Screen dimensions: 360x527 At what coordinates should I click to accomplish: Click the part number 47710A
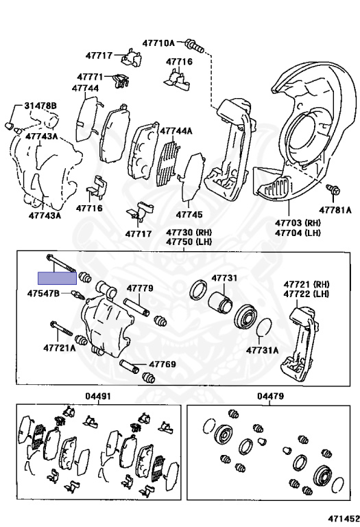pyautogui.click(x=158, y=43)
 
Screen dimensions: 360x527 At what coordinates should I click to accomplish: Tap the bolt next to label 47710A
pyautogui.click(x=195, y=46)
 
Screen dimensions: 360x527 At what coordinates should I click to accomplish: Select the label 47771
pyautogui.click(x=90, y=77)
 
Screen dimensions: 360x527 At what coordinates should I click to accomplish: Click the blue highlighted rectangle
pyautogui.click(x=57, y=278)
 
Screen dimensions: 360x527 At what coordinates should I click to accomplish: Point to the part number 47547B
pyautogui.click(x=43, y=294)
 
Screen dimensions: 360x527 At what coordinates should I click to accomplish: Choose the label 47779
pyautogui.click(x=140, y=288)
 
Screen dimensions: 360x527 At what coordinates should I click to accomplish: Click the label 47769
pyautogui.click(x=163, y=364)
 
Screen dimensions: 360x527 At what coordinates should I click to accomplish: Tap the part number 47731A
pyautogui.click(x=262, y=350)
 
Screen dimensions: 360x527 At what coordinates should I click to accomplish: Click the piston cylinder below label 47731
pyautogui.click(x=220, y=302)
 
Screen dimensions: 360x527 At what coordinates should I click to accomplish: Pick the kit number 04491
pyautogui.click(x=98, y=396)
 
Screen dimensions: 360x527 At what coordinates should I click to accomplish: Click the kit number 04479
pyautogui.click(x=271, y=396)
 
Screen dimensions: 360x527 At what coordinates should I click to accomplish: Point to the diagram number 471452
pyautogui.click(x=344, y=519)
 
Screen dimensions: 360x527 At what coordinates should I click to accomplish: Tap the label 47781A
pyautogui.click(x=335, y=210)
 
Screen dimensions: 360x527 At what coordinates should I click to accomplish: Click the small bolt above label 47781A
pyautogui.click(x=333, y=189)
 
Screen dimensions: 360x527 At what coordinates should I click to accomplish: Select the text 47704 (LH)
pyautogui.click(x=298, y=232)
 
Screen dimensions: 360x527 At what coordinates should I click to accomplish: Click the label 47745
pyautogui.click(x=189, y=214)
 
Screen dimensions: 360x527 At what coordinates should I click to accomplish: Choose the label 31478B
pyautogui.click(x=40, y=106)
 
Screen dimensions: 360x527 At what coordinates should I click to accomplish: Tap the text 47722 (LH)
pyautogui.click(x=307, y=294)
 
